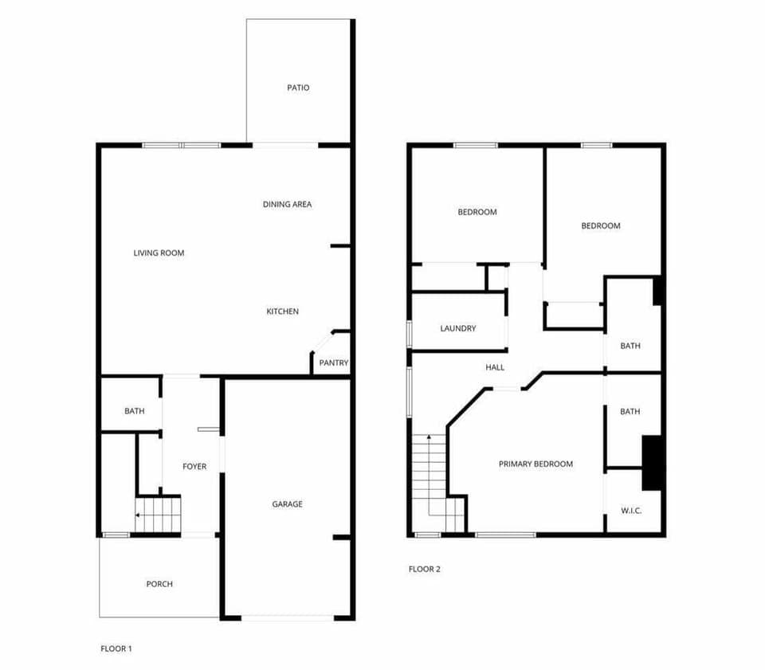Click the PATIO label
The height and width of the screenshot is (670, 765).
tap(298, 88)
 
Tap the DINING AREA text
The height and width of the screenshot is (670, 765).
tap(287, 205)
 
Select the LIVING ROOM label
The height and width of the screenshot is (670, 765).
tap(159, 253)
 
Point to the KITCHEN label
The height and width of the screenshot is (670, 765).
tap(282, 311)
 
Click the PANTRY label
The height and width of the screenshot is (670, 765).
tap(334, 363)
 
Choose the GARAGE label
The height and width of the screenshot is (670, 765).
tap(287, 504)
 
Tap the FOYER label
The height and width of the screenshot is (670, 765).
tap(194, 467)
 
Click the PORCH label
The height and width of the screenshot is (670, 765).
tap(159, 585)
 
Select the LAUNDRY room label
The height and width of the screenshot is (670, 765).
tap(458, 328)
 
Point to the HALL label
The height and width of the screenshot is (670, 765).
tap(495, 368)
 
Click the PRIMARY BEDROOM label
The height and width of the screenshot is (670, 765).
tap(535, 464)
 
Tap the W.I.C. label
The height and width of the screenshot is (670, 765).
tap(631, 511)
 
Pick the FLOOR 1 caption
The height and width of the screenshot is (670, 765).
tap(116, 648)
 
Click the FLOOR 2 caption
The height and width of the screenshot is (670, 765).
tap(424, 570)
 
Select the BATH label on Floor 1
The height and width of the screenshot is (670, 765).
tap(134, 411)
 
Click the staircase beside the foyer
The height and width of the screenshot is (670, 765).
tap(159, 514)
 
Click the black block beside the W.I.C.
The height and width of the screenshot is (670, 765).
tap(653, 463)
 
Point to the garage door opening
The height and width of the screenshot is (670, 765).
tap(288, 617)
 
